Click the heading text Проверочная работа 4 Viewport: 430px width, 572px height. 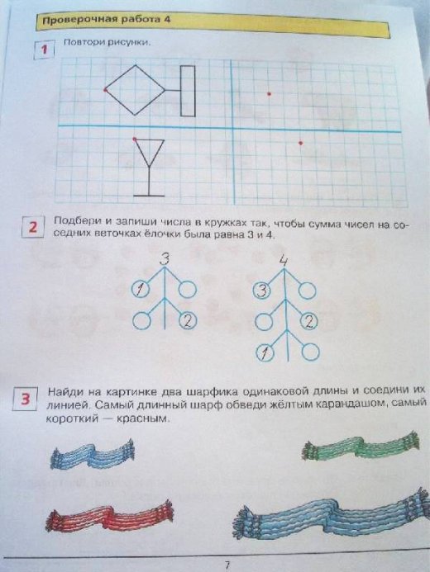coord(106,19)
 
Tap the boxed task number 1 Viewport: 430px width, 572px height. coord(45,50)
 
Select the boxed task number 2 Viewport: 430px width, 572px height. coord(33,227)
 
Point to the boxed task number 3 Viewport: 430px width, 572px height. coord(25,399)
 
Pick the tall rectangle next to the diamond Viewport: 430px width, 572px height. coord(188,91)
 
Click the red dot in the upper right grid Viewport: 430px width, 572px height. coord(270,94)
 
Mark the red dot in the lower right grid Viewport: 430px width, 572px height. coord(300,143)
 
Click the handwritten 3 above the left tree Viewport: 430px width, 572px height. coord(165,259)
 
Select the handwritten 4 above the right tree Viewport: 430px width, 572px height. coord(284,261)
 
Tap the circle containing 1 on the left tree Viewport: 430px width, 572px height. coord(140,290)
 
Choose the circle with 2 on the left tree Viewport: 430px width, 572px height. coord(189,321)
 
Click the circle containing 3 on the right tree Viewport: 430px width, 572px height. coord(261,291)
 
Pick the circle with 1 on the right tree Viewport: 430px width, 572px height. coord(264,353)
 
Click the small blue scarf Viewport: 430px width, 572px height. coord(92,454)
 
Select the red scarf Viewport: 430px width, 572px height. coord(109,515)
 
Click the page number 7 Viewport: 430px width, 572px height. coord(227,565)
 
